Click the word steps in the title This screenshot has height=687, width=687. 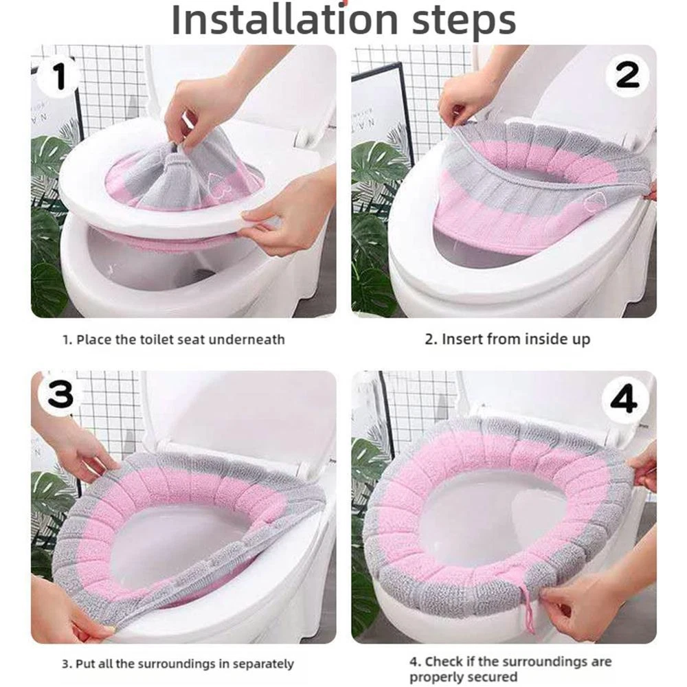pos(464,21)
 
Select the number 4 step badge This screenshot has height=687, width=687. pos(624,399)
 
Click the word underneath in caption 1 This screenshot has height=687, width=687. pos(246,339)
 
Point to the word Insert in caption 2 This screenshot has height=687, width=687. pos(462,339)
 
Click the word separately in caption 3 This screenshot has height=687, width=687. pos(263,664)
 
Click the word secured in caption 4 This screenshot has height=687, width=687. pos(494,677)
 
